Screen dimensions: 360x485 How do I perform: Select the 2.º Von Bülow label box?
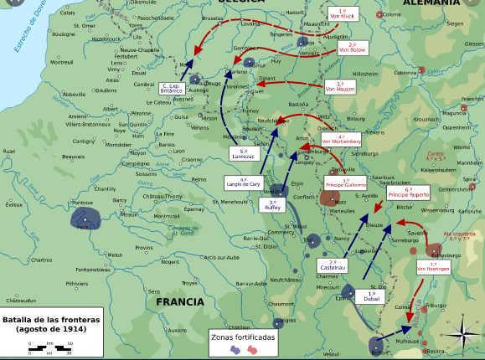pos(353,48)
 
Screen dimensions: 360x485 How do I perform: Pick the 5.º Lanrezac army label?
pos(243,153)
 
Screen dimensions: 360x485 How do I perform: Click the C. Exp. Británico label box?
pos(172,88)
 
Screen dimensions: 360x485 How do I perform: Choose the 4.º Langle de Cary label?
pos(244,183)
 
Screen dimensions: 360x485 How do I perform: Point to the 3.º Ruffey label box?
pos(273,205)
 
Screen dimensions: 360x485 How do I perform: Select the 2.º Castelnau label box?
pos(328,265)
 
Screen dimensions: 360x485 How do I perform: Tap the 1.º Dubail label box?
pos(371,296)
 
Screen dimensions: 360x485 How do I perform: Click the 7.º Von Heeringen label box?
pos(434,268)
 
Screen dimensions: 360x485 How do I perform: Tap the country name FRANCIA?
pos(179,301)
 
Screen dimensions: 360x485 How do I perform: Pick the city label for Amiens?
pos(78,116)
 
